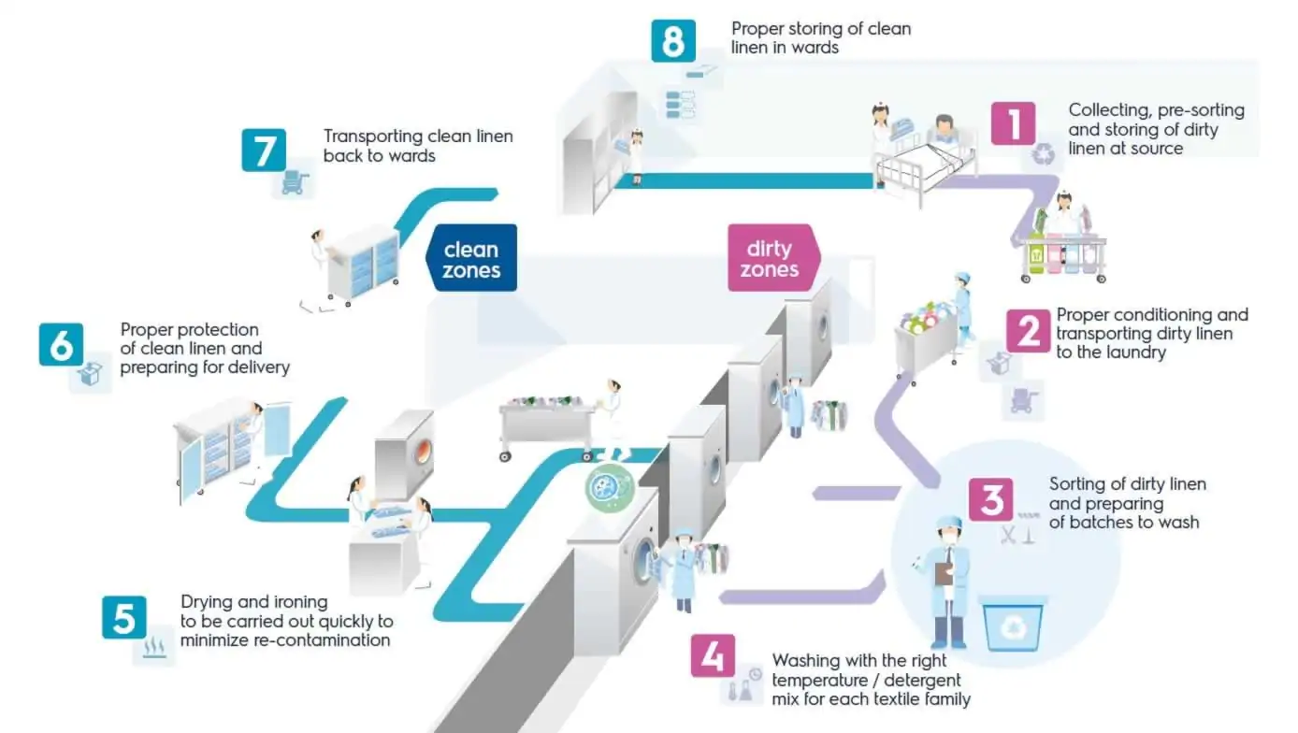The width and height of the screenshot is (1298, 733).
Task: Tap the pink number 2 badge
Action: [1029, 330]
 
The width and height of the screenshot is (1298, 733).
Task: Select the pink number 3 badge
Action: [991, 500]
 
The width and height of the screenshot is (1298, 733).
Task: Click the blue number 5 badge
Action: [124, 617]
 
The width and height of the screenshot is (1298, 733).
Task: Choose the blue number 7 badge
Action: [263, 150]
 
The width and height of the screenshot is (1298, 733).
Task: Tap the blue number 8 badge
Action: [672, 41]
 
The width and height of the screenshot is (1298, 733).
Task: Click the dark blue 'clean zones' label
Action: [471, 260]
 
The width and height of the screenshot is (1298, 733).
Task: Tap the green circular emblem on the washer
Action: [610, 486]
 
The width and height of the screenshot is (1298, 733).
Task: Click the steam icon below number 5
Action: [153, 650]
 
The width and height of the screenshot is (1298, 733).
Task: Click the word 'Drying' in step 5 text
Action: [208, 602]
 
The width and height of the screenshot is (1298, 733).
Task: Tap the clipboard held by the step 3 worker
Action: [944, 573]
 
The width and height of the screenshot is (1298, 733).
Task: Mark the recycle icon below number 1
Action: [1043, 155]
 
